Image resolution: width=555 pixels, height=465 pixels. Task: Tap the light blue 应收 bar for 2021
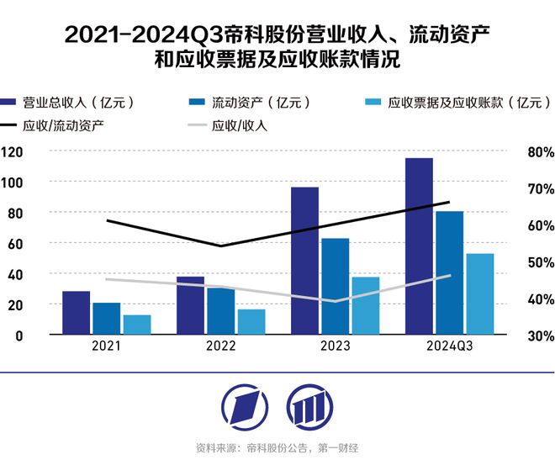(x=137, y=325)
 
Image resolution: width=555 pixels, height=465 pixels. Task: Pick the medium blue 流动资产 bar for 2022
(x=221, y=310)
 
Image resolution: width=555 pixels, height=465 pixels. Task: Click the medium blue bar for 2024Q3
(x=450, y=272)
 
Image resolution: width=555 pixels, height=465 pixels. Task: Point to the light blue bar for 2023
(x=366, y=305)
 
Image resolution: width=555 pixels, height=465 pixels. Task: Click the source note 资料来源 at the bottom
(x=277, y=447)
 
